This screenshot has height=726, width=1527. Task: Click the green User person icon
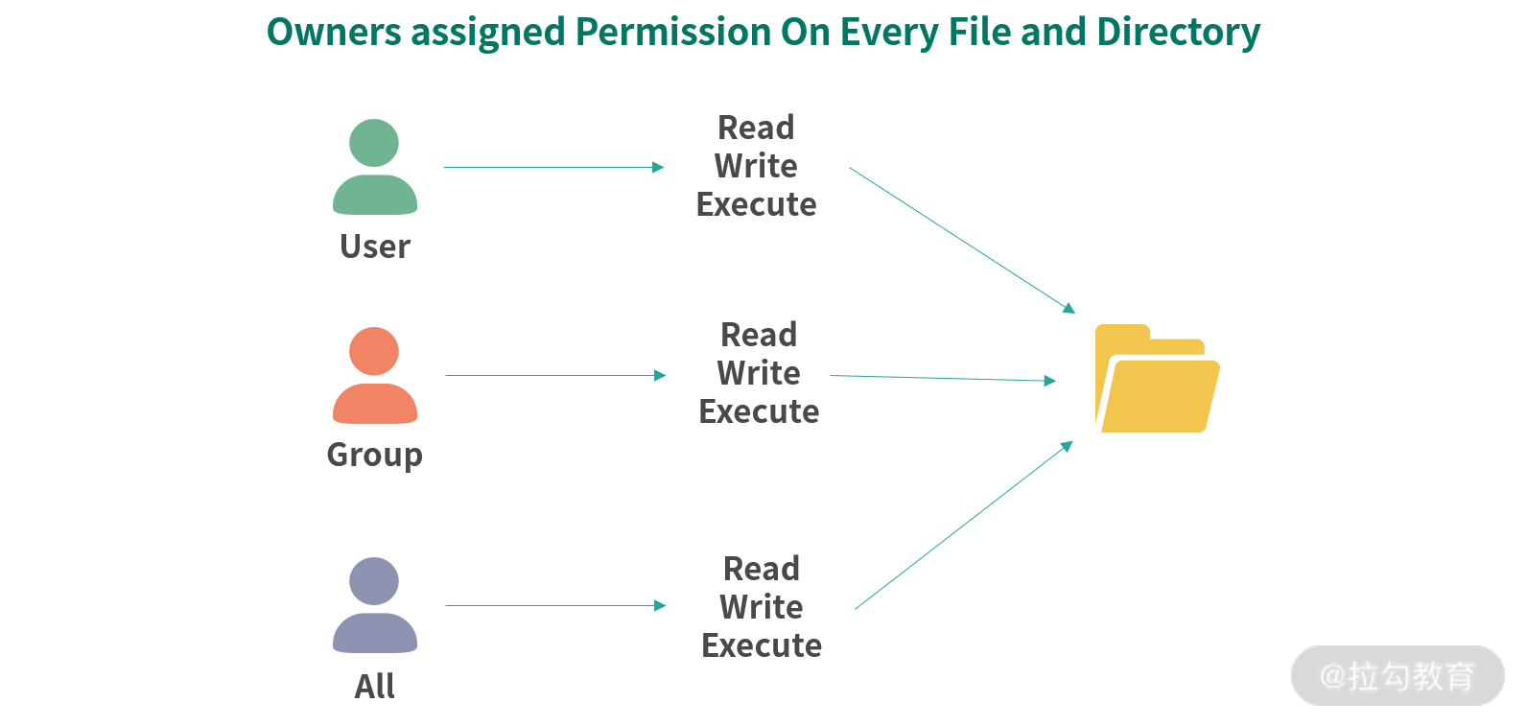point(374,167)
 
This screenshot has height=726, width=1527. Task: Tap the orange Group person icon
point(374,375)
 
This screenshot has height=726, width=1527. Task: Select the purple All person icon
point(374,605)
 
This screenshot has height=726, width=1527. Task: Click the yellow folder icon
point(1157,379)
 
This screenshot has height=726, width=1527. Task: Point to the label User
point(375,246)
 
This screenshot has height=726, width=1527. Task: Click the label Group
point(374,455)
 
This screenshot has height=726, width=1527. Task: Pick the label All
point(374,686)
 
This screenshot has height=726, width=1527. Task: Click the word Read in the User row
point(756,128)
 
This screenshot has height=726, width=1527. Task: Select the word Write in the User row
point(756,166)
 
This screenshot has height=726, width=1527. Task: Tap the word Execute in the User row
point(756,204)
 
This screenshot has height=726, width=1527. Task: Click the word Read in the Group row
point(759,335)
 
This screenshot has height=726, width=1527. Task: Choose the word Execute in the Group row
point(759,411)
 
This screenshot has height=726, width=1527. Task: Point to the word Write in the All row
point(762,607)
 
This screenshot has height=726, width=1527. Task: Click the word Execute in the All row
point(762,645)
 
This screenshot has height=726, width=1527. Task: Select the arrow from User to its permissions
point(553,168)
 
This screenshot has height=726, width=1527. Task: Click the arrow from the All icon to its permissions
point(555,606)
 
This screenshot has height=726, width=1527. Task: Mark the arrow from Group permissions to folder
point(942,379)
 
